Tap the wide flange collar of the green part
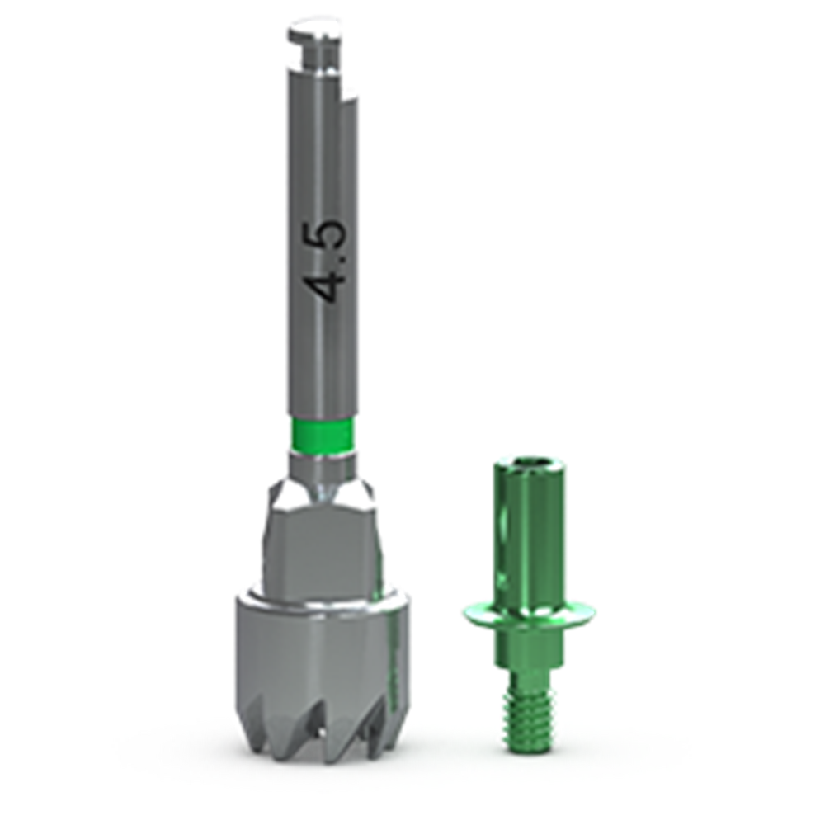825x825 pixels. pyautogui.click(x=528, y=616)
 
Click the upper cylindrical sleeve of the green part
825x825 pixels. pyautogui.click(x=528, y=531)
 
